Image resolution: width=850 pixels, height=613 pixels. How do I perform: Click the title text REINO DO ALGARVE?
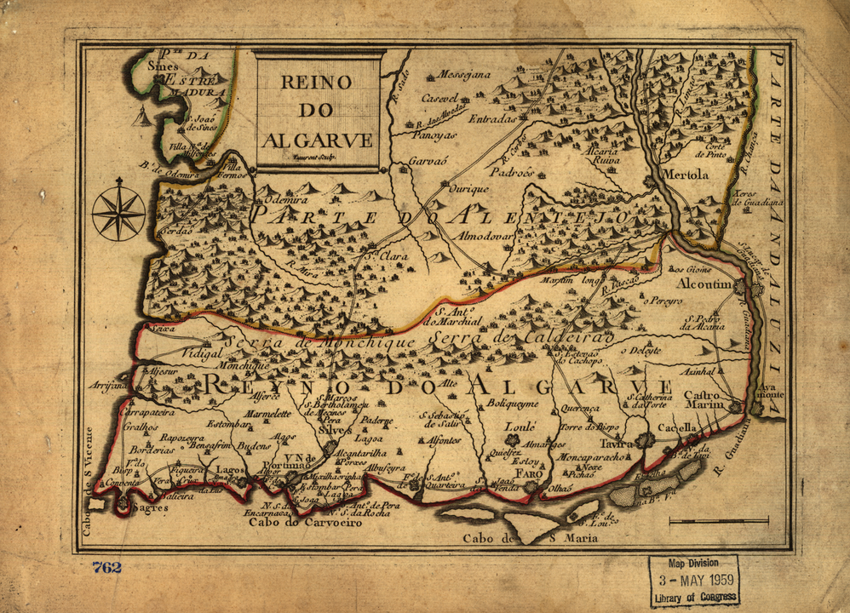pyautogui.click(x=317, y=110)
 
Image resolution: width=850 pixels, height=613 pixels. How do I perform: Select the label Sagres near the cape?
pyautogui.click(x=150, y=507)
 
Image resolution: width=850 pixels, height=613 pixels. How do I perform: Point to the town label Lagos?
pyautogui.click(x=227, y=468)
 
